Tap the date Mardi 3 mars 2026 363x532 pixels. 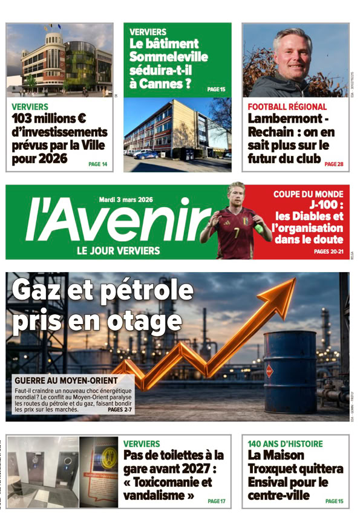click(126, 199)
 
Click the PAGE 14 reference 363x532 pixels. click(97, 164)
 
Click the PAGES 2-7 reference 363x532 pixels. click(119, 409)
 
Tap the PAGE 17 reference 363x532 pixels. click(216, 501)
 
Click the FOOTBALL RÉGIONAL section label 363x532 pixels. click(287, 106)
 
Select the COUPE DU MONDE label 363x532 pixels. click(308, 194)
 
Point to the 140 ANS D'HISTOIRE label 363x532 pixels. click(285, 444)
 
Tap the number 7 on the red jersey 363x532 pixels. click(235, 231)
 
